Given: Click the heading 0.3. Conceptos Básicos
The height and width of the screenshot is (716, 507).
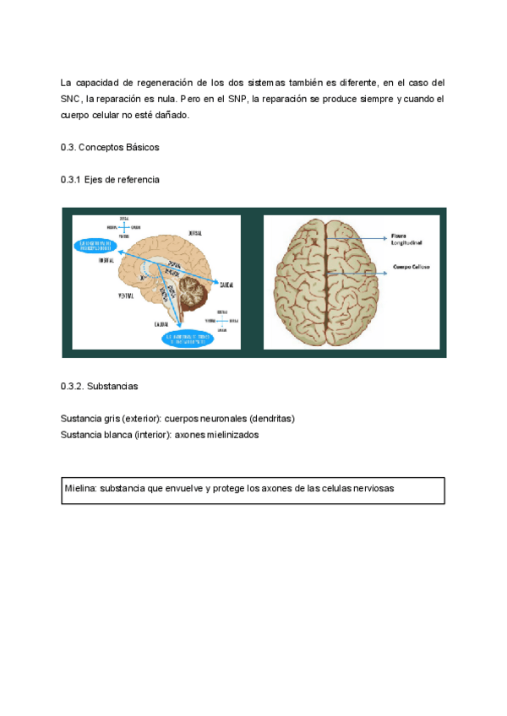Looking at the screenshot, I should click(x=110, y=148).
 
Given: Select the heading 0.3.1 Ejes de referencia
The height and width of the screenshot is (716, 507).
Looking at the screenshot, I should click(x=110, y=180).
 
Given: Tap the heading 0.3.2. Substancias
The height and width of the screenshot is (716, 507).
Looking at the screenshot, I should click(x=100, y=386).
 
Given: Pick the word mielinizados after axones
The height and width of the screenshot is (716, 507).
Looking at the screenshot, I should click(x=229, y=435).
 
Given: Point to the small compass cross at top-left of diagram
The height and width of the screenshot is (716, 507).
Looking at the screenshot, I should click(x=124, y=226).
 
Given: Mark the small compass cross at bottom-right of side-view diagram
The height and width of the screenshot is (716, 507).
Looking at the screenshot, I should click(x=221, y=320).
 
